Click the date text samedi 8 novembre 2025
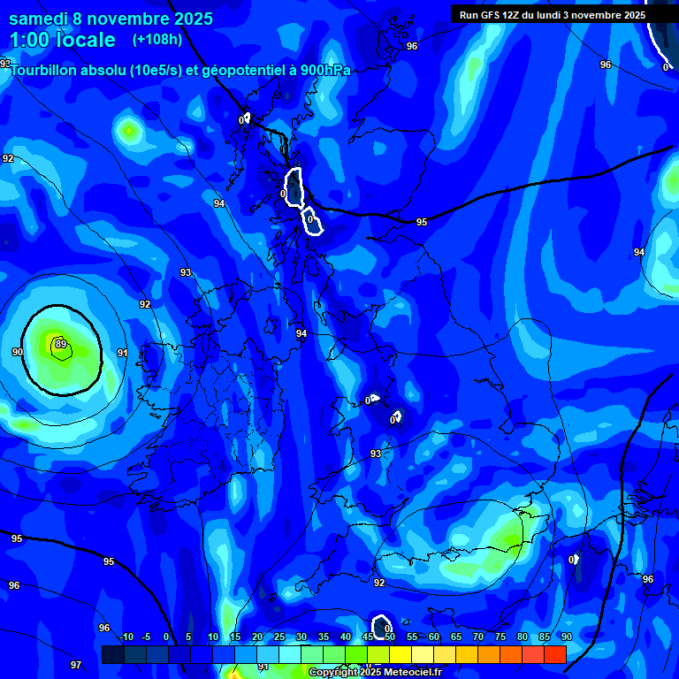111,19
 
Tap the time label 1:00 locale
62,40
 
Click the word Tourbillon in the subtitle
45,71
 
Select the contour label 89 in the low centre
60,344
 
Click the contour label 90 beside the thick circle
18,352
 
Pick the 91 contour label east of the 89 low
122,353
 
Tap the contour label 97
76,664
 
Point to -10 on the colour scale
126,637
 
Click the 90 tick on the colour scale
566,637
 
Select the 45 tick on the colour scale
367,637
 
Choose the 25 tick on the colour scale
278,637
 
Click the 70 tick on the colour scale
477,637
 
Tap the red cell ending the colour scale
554,654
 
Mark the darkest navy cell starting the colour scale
112,654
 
